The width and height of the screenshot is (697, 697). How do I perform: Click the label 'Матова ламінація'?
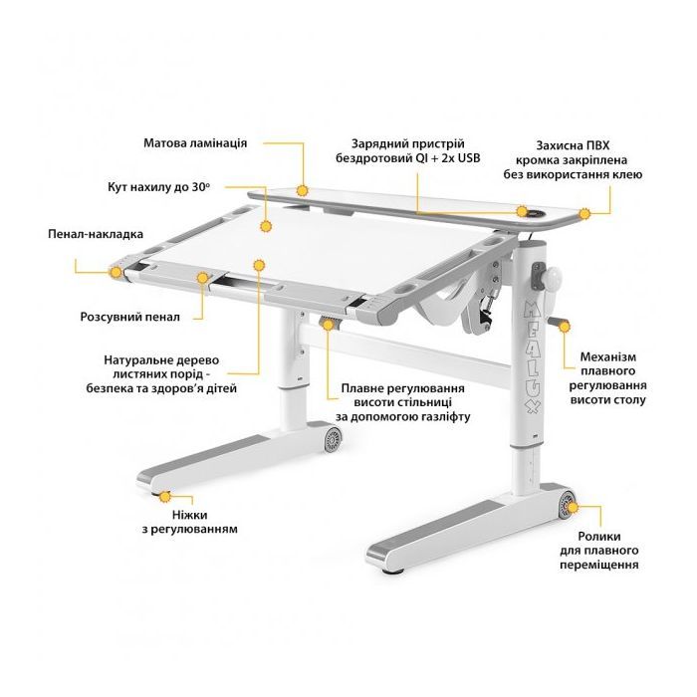pos(195,143)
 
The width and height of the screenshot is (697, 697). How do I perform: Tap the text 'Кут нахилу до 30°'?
pos(158,187)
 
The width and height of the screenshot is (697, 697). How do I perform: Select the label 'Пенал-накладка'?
pos(96,234)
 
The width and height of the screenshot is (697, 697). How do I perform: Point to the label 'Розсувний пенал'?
pos(130,317)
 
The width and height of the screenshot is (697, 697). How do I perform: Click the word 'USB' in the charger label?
pos(468,157)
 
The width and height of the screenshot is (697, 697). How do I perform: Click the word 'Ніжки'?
pos(190,515)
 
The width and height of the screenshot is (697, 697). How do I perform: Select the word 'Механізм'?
pos(608,356)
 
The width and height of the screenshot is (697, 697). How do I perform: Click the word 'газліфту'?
pos(444,417)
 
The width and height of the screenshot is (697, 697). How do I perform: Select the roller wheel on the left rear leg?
pos(333,439)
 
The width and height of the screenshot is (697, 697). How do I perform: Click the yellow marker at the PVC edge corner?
pos(584,214)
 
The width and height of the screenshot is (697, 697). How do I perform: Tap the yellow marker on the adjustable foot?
pos(165,496)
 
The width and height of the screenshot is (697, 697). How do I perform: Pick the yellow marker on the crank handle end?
pos(565,327)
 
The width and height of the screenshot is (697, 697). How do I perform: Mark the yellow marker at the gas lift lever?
pos(328,325)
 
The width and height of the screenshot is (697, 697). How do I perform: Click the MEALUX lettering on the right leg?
pos(533,356)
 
